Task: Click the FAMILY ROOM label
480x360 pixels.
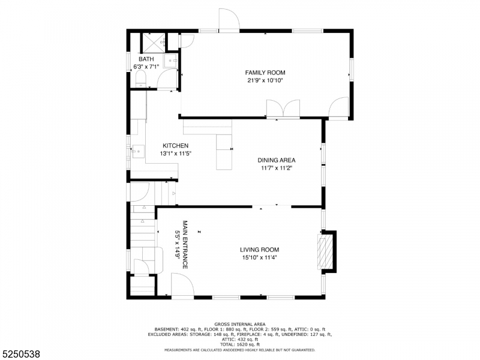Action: (265, 73)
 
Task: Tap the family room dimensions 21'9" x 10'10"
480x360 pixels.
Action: (265, 80)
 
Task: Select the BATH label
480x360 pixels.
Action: (146, 59)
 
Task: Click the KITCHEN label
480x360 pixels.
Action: (176, 146)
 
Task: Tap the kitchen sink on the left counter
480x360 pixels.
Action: (136, 152)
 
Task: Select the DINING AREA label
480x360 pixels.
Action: (277, 160)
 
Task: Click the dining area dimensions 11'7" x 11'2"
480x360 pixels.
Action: (277, 168)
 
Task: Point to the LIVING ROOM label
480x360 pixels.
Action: (259, 250)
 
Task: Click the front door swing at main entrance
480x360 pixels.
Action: (181, 284)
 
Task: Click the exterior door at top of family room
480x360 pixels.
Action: (229, 19)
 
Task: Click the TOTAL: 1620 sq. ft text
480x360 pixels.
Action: (239, 344)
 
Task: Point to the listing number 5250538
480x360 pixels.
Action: (22, 355)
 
